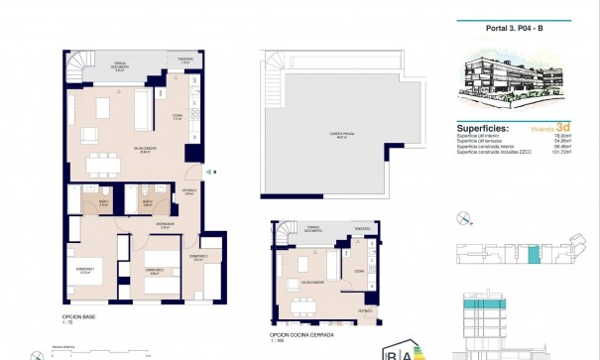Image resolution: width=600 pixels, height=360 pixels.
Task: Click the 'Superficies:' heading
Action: (485, 129)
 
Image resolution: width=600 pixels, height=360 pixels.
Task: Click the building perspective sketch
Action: (517, 81)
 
